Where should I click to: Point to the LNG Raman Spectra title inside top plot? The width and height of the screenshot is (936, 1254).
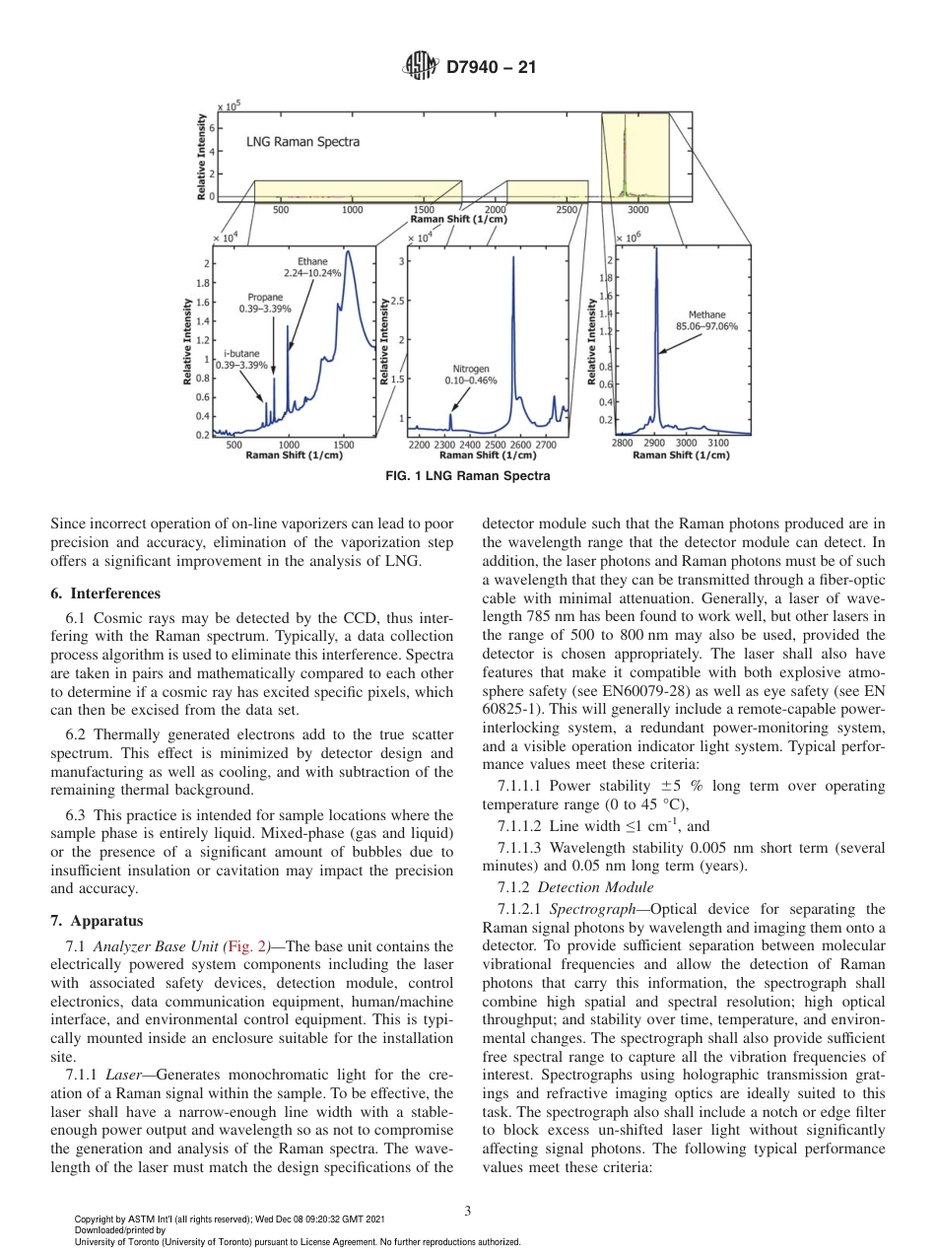coord(302,142)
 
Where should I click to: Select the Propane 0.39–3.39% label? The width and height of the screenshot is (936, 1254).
coord(265,303)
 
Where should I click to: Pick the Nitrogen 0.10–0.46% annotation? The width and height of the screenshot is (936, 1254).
coord(471,375)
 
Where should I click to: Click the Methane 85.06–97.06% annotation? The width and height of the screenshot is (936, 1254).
coord(706,320)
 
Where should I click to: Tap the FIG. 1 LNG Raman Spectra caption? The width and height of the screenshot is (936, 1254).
coord(467,476)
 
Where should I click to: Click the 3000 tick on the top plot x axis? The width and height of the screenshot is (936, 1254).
coord(637,210)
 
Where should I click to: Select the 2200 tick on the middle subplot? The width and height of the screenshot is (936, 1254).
coord(420,446)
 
